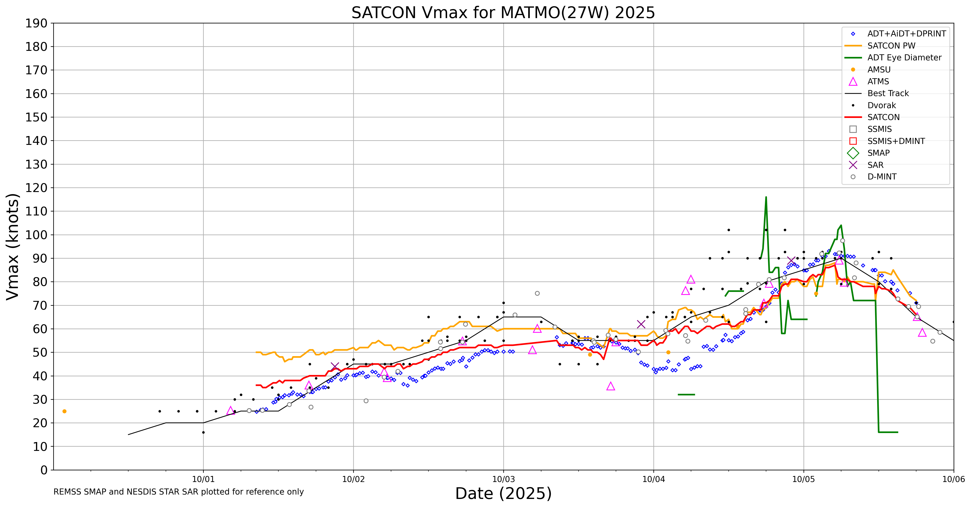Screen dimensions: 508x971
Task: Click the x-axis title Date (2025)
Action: coord(503,493)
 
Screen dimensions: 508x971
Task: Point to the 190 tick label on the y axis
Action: coord(36,23)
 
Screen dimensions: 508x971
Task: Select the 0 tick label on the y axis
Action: coord(44,470)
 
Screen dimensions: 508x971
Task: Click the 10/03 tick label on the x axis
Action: coord(503,479)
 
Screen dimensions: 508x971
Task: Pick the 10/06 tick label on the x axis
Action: coord(953,479)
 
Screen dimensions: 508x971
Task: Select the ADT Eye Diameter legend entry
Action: coord(904,58)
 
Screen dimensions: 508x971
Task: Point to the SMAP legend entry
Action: coord(878,153)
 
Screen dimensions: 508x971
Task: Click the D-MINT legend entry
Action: coord(882,177)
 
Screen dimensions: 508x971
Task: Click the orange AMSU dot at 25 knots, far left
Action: coord(64,411)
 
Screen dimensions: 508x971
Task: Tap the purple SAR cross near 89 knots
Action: coord(791,261)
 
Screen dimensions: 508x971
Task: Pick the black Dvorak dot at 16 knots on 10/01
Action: coord(204,432)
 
